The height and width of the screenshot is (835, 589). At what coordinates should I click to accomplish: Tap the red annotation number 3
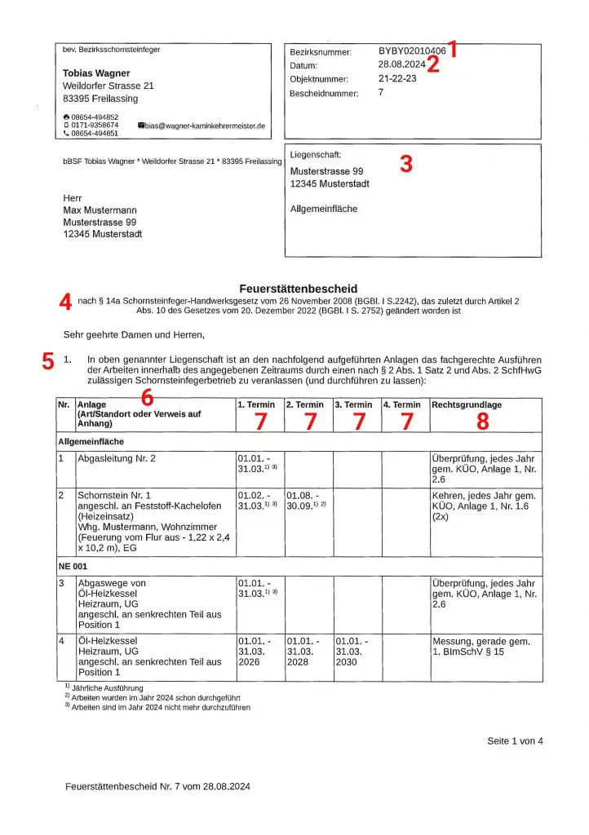pyautogui.click(x=406, y=164)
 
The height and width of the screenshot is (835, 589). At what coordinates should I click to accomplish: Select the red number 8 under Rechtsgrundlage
pyautogui.click(x=484, y=422)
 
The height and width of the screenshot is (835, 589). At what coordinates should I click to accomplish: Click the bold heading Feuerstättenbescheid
pyautogui.click(x=298, y=289)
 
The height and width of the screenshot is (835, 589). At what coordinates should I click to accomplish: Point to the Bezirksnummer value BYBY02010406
pyautogui.click(x=411, y=51)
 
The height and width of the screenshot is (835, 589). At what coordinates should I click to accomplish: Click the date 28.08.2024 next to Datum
pyautogui.click(x=401, y=65)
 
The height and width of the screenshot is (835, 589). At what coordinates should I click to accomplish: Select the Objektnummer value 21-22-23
pyautogui.click(x=398, y=79)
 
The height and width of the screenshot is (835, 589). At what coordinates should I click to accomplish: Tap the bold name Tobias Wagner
pyautogui.click(x=96, y=73)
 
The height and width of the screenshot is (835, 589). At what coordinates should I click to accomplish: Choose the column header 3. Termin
pyautogui.click(x=354, y=404)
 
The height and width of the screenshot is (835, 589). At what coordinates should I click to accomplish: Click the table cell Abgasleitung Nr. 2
pyautogui.click(x=117, y=458)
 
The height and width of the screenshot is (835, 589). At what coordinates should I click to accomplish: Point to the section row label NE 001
pyautogui.click(x=73, y=565)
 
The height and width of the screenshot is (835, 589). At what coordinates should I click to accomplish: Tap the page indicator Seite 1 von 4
pyautogui.click(x=515, y=740)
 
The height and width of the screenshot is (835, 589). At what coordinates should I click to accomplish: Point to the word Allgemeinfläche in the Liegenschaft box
pyautogui.click(x=324, y=209)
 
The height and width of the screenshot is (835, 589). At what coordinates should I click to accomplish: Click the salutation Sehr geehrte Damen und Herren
pyautogui.click(x=133, y=334)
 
